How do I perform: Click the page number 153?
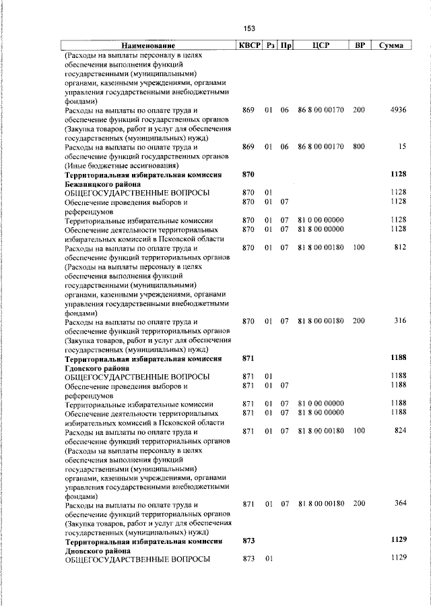coord(249,28)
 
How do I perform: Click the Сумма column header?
coord(391,46)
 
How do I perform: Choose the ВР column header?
coord(360,46)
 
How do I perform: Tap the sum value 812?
coord(400,248)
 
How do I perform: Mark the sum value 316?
coord(400,322)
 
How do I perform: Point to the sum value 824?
coord(400,431)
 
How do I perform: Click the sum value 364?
coord(400,504)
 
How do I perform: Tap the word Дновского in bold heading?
coord(89,550)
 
